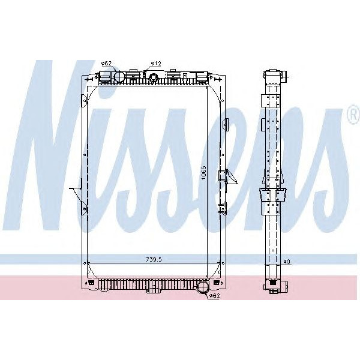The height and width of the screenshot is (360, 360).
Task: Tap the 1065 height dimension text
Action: point(204,172)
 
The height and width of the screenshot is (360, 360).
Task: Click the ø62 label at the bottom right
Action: point(214,296)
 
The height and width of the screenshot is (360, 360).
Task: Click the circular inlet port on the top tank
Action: point(117,77)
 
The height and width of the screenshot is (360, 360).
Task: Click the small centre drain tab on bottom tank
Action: point(155,289)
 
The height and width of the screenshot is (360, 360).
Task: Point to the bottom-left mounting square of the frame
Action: point(91,283)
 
